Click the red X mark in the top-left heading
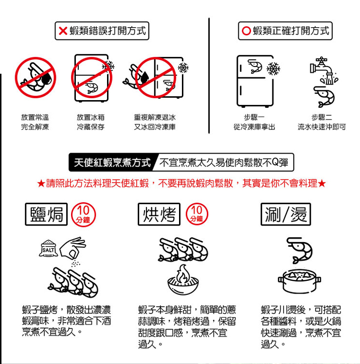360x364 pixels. click(63, 31)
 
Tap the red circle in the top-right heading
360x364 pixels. click(246, 31)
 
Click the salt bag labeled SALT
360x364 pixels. click(48, 248)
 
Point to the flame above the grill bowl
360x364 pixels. click(183, 274)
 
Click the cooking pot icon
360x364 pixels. click(299, 281)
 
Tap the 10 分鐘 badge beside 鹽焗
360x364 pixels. click(83, 214)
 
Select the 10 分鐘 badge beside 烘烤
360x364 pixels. click(197, 214)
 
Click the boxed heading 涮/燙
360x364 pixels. click(286, 214)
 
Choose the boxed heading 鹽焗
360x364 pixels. click(46, 214)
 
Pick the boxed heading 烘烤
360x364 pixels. click(159, 214)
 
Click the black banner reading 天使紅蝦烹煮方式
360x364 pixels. click(111, 162)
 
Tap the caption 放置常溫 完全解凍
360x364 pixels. click(35, 122)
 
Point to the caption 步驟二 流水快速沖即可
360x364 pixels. click(322, 122)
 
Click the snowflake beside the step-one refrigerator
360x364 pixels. click(273, 69)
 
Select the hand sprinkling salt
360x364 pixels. click(73, 247)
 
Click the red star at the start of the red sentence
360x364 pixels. click(41, 184)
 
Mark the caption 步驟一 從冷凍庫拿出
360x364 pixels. click(254, 122)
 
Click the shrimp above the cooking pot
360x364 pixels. click(299, 250)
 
